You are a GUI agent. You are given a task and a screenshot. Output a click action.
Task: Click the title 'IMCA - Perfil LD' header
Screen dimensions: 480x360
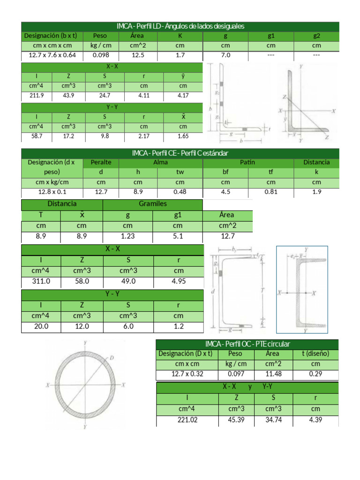coord(180,26)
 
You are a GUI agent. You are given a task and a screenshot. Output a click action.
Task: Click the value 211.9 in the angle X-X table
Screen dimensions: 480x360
coord(37,96)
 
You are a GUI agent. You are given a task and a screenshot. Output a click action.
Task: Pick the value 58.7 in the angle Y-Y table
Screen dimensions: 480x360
coord(37,136)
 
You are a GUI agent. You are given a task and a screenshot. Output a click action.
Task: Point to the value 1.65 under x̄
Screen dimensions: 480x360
coord(183,136)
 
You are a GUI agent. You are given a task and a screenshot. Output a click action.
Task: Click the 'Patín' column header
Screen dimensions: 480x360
coord(247,162)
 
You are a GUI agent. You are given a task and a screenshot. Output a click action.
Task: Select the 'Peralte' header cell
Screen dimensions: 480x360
coord(101,162)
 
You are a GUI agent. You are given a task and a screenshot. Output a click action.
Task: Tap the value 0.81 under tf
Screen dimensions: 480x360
coord(271,192)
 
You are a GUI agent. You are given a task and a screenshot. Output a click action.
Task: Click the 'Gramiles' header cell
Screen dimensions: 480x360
coord(152,204)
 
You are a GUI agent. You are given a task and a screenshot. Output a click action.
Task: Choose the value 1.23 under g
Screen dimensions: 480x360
coord(127,236)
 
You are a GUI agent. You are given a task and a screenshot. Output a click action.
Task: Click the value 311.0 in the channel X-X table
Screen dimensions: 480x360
coord(41,281)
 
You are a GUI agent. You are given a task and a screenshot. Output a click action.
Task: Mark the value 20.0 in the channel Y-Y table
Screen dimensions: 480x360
coord(41,326)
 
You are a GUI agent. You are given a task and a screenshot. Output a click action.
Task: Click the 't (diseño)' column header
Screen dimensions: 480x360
coord(315,353)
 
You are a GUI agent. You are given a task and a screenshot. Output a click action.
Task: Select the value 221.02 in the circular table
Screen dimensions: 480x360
coord(187,420)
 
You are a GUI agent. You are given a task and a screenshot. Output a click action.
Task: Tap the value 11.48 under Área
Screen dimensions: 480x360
coord(272,374)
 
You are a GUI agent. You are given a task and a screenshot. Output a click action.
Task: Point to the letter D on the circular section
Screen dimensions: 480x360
coord(112,358)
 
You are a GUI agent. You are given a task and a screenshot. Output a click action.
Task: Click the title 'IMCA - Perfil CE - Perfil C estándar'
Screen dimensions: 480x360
coord(180,153)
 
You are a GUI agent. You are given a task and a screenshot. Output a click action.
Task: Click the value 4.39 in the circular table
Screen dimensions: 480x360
coord(315,420)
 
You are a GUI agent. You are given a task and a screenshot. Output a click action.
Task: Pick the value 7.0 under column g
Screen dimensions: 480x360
coord(225,55)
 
